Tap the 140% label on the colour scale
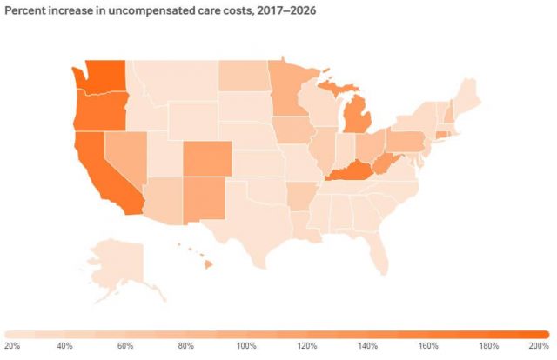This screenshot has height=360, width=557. (365, 346)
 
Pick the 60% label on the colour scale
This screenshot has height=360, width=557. (124, 346)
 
